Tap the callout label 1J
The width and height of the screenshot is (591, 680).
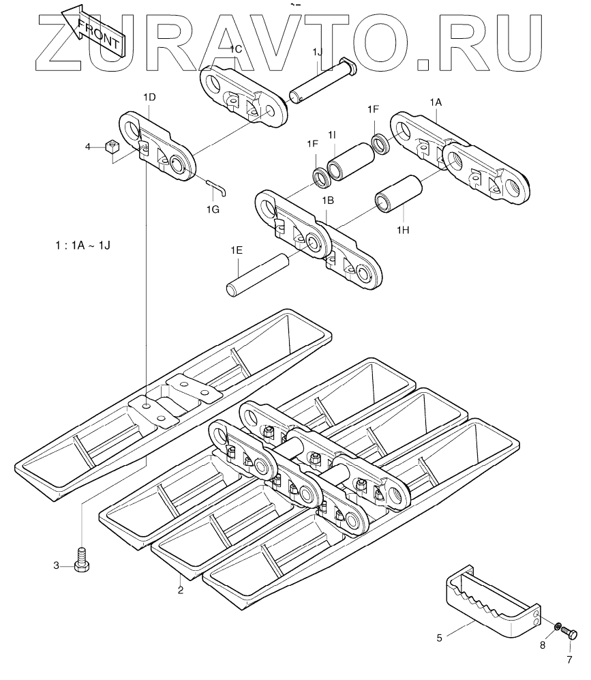tap(318, 53)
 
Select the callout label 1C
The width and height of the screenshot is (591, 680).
tap(235, 49)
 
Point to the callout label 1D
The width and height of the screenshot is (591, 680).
tap(149, 98)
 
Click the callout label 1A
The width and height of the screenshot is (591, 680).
tap(436, 101)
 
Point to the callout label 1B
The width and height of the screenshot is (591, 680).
tap(328, 201)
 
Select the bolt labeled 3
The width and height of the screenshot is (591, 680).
tap(82, 561)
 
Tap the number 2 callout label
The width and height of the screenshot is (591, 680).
tap(181, 591)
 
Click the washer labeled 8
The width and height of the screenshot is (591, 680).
tap(557, 625)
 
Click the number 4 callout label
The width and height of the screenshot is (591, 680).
tap(87, 146)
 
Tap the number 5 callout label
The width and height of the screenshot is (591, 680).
tap(440, 638)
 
